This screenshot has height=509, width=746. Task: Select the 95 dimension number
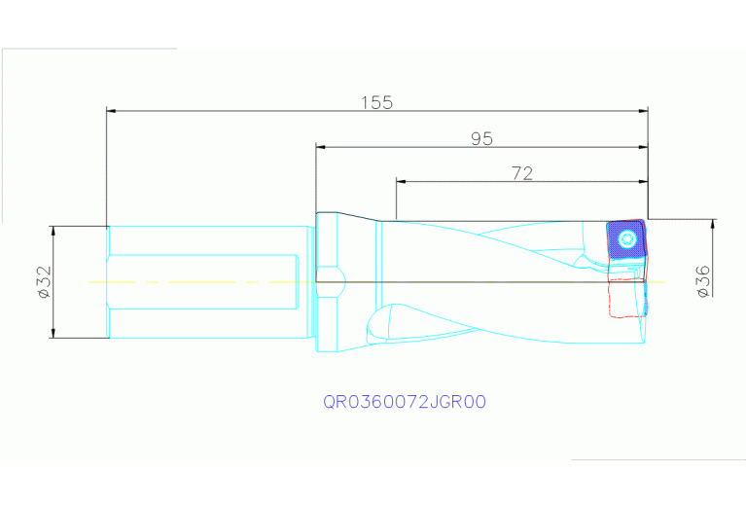pos(481,139)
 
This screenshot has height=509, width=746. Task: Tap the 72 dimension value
pos(521,173)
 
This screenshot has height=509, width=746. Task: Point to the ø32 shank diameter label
pos(43,281)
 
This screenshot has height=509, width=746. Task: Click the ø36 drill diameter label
pos(702,280)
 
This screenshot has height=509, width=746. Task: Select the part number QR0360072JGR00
pos(404,401)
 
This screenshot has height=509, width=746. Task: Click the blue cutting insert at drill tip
pos(625,239)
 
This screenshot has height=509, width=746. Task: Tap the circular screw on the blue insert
pos(626,238)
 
